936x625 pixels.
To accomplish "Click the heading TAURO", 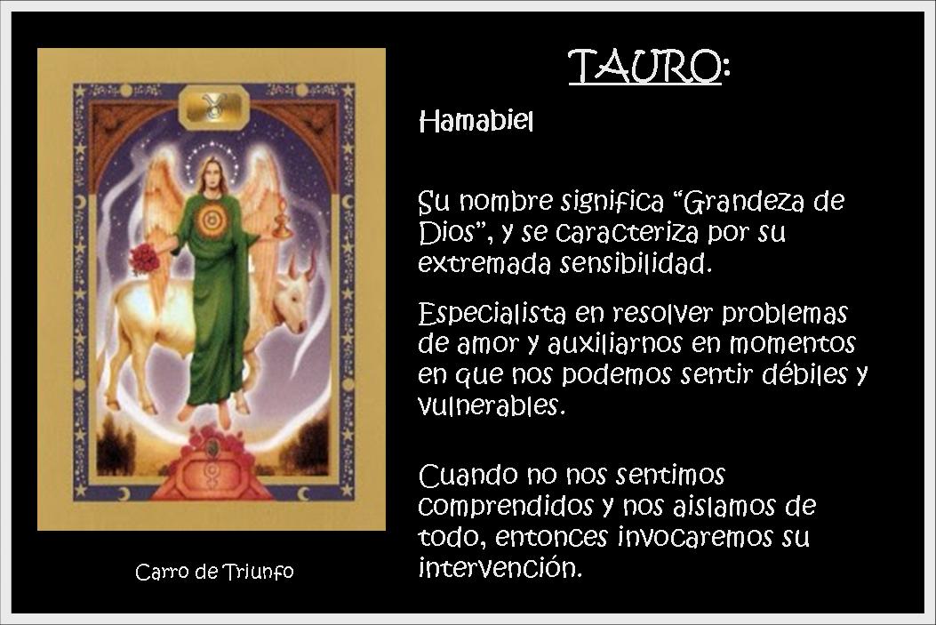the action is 645,66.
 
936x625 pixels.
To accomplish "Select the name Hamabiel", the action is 476,122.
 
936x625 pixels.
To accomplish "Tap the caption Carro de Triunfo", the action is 214,572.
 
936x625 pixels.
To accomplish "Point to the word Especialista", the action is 492,314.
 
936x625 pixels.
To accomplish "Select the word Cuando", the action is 468,476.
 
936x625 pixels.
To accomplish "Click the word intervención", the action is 500,566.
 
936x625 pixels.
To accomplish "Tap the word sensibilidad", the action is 636,262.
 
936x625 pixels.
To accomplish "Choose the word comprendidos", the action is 505,507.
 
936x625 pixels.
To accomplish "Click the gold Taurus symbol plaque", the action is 213,107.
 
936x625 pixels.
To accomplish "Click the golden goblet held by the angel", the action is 282,219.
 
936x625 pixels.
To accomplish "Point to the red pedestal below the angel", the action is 212,468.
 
